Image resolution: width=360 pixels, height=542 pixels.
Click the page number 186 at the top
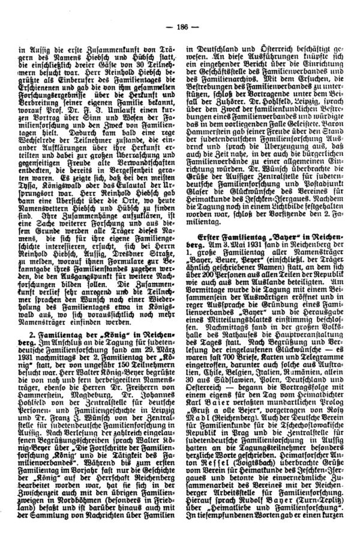[180, 26]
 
